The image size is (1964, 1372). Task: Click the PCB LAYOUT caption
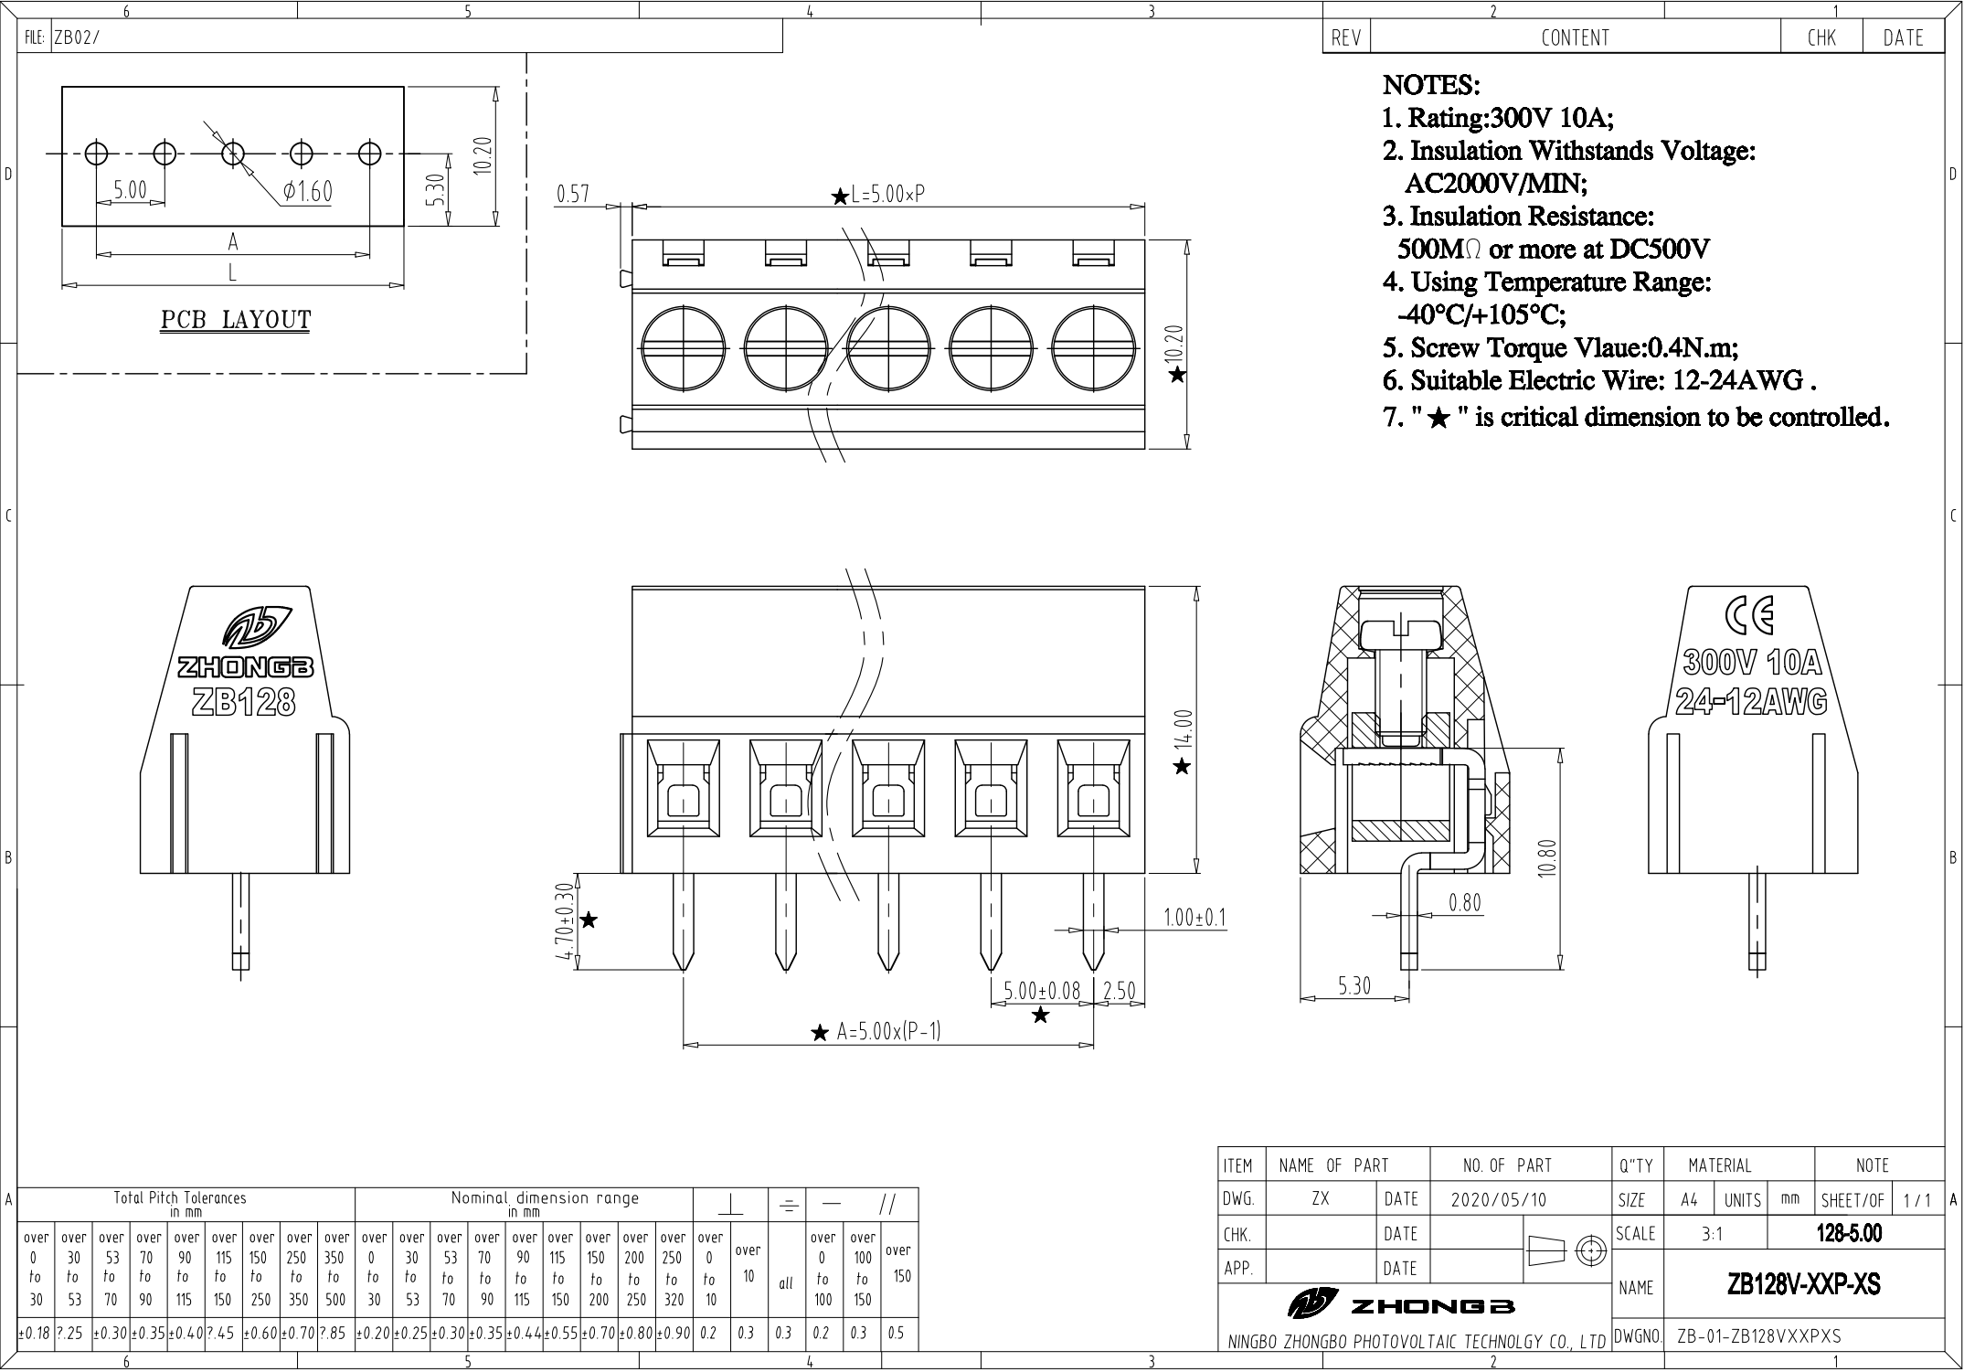[236, 320]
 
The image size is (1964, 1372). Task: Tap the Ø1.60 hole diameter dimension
[308, 192]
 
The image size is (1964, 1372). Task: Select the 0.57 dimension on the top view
[573, 194]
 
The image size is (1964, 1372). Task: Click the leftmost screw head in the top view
[684, 349]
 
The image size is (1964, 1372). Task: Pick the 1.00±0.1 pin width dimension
[1194, 917]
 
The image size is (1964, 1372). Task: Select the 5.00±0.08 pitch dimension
[1042, 991]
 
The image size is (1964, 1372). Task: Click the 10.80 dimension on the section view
[1545, 858]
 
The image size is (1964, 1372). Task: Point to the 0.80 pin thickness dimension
[1464, 903]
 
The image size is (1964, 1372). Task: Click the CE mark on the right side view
[1749, 615]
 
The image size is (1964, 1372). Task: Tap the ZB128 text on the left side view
[243, 701]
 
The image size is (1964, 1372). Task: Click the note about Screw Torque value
[1560, 347]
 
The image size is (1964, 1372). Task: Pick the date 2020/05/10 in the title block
[1498, 1199]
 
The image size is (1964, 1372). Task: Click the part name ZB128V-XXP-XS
[1803, 1284]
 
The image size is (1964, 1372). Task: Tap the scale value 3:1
[1712, 1234]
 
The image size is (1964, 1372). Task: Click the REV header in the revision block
[1346, 37]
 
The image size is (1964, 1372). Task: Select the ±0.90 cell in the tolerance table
[673, 1334]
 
